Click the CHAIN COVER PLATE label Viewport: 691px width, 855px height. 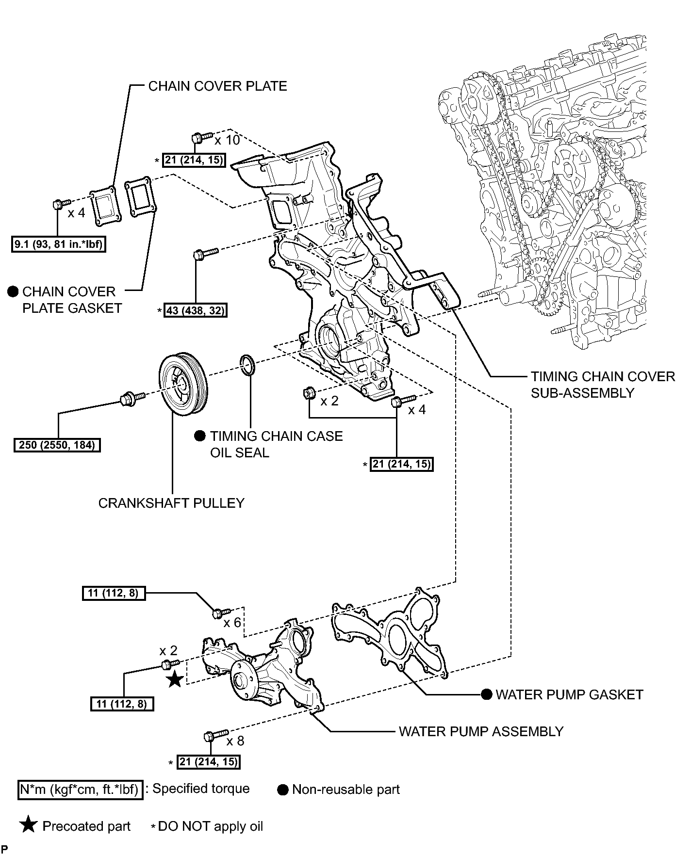[217, 86]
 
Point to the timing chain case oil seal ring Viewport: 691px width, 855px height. [247, 365]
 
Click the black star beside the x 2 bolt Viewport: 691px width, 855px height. [175, 679]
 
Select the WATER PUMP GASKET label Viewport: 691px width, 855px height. [569, 694]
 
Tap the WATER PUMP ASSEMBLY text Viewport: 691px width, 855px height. [481, 731]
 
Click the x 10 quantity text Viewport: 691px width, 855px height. [228, 140]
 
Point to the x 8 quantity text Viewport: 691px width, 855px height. [235, 741]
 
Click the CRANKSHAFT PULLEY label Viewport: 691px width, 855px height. [171, 503]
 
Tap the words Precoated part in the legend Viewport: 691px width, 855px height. [86, 826]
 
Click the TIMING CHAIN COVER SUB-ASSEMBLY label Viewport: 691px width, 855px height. [603, 385]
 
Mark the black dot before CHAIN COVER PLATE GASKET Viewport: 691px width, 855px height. [13, 291]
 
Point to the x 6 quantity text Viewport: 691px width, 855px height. [232, 623]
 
